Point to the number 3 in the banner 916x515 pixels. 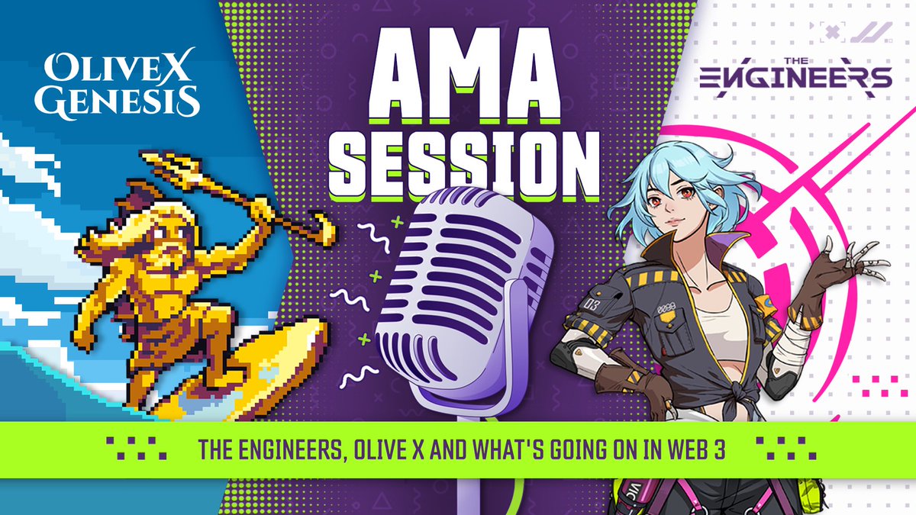(x=720, y=449)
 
